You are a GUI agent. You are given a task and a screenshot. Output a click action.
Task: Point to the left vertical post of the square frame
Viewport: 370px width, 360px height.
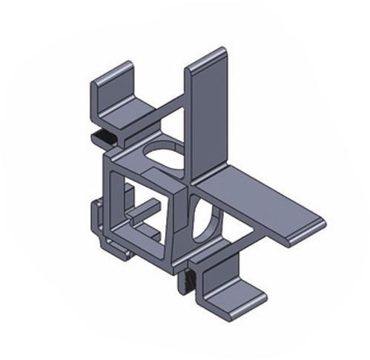[112, 200]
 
